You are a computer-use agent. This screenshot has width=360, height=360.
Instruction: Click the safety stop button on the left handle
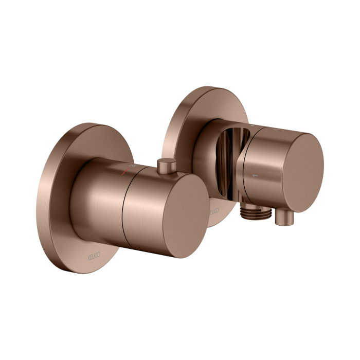[x=165, y=166]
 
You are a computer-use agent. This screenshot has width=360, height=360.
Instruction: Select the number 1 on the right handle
[x=253, y=176]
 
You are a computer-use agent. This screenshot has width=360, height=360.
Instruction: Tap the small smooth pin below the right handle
[x=280, y=220]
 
